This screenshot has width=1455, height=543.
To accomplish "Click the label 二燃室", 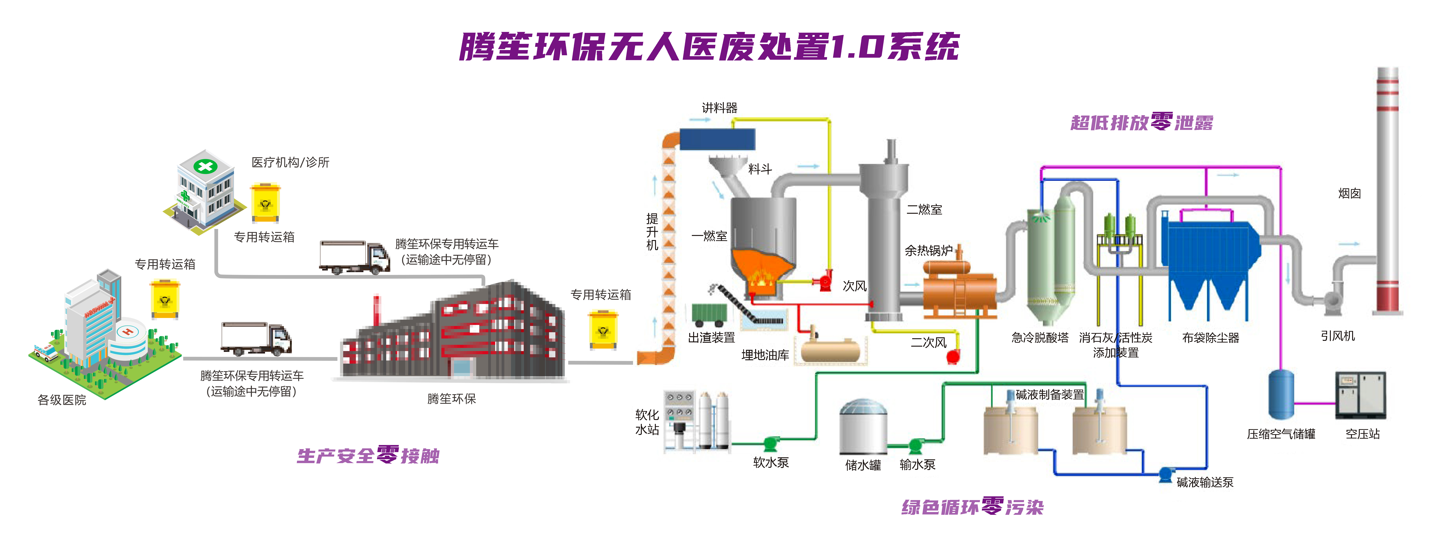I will pos(924,209).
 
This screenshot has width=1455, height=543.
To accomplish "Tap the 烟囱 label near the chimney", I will pos(1349,194).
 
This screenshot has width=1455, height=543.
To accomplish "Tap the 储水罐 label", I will pos(863,465).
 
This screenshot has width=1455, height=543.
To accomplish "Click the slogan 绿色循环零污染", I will pos(972,507).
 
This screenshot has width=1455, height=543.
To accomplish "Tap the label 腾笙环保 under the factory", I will pos(451,399).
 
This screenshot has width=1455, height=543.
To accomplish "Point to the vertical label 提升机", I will pos(652,231).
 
